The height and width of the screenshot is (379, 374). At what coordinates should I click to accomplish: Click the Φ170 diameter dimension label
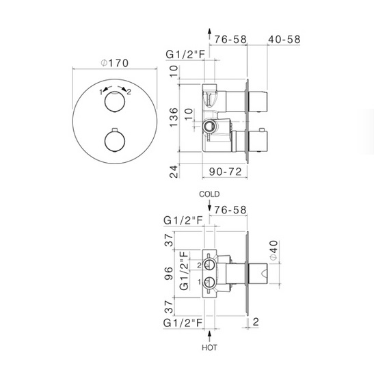114,64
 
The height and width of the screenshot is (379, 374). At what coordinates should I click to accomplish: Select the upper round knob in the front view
115,102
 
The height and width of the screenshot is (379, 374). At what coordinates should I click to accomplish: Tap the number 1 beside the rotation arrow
101,92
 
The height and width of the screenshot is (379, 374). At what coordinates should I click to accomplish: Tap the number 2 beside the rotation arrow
129,92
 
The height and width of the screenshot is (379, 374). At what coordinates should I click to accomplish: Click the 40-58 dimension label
284,40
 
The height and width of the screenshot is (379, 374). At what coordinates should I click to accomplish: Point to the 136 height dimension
174,118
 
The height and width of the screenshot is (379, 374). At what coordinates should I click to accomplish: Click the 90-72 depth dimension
225,172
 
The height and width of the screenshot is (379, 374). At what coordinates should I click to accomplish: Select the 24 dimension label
174,171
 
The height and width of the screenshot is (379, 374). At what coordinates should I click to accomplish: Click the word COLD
209,194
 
